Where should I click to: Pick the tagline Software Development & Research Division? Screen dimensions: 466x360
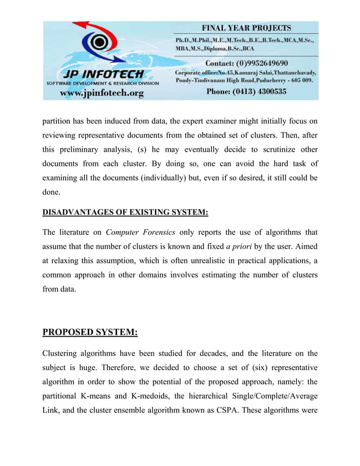[x=102, y=83]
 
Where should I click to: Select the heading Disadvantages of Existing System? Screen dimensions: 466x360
[x=125, y=212]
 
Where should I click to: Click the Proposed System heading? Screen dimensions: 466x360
[x=90, y=332]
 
